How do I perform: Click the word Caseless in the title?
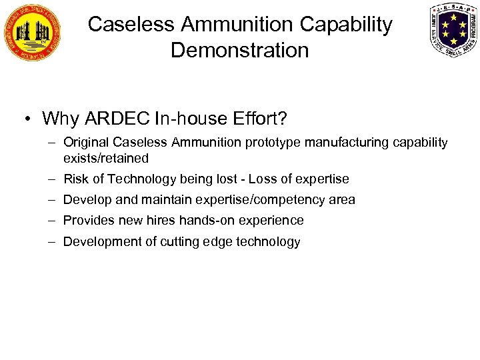click(127, 25)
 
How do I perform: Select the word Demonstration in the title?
click(240, 50)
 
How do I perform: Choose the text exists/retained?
click(106, 158)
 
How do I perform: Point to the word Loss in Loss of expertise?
click(263, 179)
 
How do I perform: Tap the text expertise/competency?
click(259, 199)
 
